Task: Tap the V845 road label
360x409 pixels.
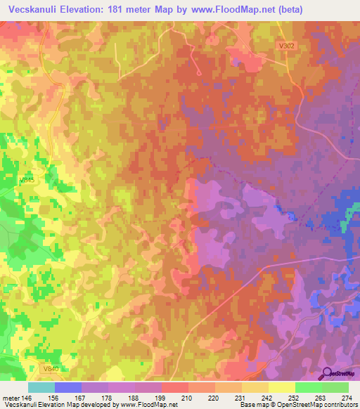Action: (27, 181)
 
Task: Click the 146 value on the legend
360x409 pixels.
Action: (28, 396)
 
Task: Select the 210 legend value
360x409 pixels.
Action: (188, 396)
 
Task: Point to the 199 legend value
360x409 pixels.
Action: (161, 396)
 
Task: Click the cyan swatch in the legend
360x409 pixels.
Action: (41, 387)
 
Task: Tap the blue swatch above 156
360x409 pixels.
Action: (68, 387)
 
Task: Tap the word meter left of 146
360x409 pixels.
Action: (10, 396)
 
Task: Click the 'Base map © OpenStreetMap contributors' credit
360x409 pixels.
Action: (298, 405)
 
